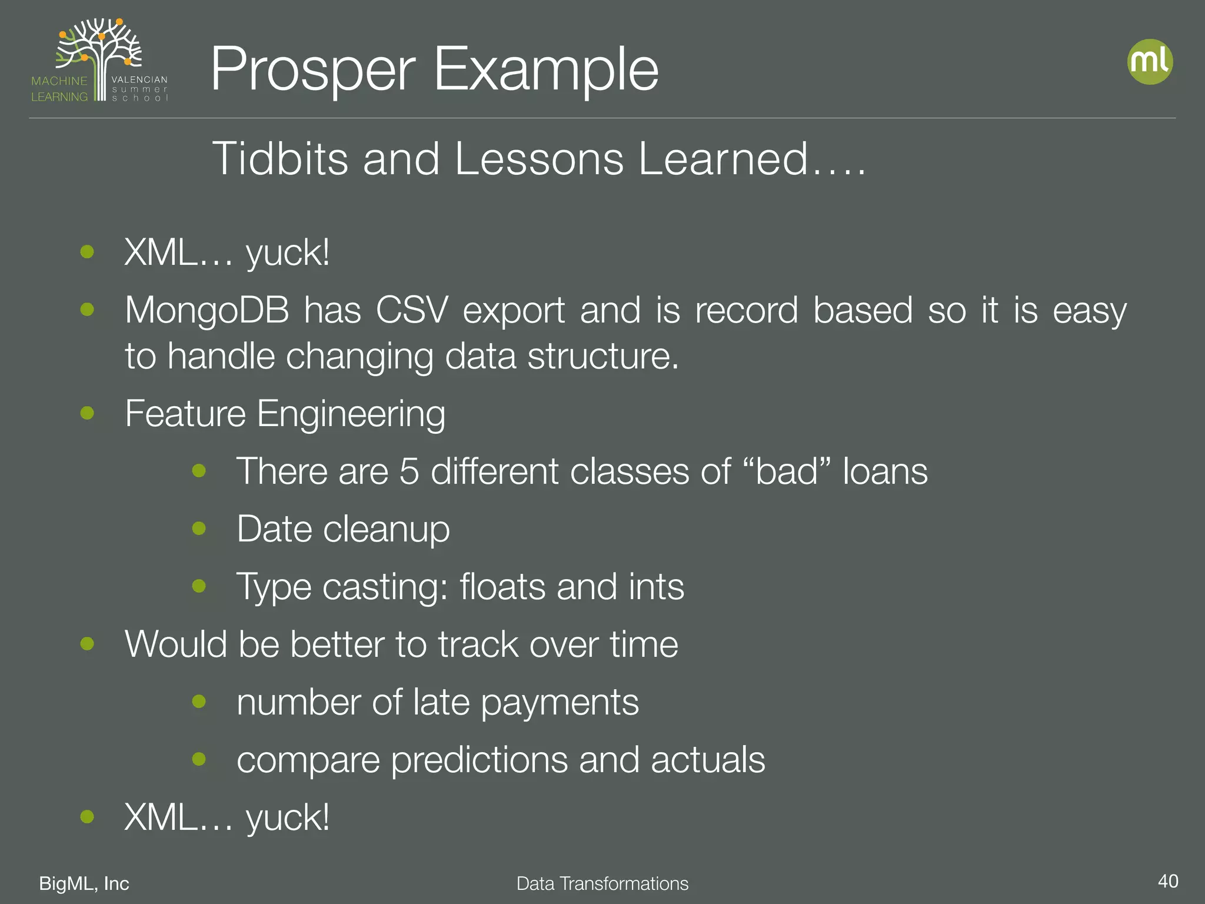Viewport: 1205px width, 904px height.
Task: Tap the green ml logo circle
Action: pos(1150,62)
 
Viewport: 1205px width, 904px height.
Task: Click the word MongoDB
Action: pos(207,310)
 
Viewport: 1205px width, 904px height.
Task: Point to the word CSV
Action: pos(412,310)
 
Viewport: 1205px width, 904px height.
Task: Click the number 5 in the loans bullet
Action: pos(409,471)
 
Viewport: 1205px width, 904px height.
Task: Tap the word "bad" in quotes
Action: pos(786,471)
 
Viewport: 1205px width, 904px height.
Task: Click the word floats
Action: pos(502,586)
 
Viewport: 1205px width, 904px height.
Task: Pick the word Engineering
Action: pos(351,414)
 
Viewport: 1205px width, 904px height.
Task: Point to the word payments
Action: pos(560,702)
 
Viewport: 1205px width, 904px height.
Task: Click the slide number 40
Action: pos(1167,881)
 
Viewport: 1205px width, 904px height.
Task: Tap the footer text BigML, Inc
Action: pos(84,883)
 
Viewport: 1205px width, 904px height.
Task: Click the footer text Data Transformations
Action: pos(602,883)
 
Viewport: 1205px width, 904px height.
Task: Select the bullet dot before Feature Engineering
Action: pos(87,413)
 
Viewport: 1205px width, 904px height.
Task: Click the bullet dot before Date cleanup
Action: pos(199,528)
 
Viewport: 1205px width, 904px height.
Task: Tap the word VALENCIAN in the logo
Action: pos(139,79)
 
